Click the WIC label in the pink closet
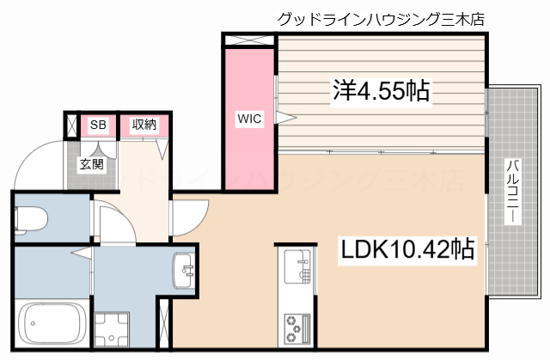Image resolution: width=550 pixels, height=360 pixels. [x=249, y=118]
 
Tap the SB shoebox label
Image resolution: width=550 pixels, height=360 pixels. [x=98, y=125]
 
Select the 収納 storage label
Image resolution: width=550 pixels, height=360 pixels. [x=144, y=125]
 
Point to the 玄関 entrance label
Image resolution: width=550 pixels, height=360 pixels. [x=92, y=163]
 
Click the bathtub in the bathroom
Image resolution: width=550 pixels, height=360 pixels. [x=49, y=324]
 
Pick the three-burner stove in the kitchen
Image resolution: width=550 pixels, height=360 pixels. [x=296, y=327]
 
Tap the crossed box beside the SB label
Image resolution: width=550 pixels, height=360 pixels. [x=71, y=125]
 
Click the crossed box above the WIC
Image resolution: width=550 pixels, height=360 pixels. [x=249, y=40]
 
